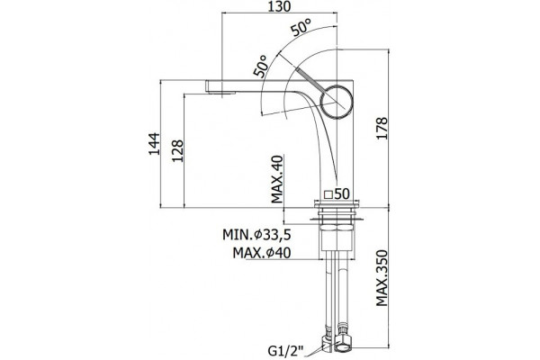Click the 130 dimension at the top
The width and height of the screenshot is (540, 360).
279,6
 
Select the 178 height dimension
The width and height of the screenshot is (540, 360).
382,128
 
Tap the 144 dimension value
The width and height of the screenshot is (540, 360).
154,144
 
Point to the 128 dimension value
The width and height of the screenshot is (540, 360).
177,151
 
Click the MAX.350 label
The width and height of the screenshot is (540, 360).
382,278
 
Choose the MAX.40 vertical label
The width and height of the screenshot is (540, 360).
276,179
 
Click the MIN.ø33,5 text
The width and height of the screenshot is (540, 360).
256,235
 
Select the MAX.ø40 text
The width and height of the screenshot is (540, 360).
262,253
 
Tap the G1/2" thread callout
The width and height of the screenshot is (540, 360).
285,352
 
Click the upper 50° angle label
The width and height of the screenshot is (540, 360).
301,28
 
